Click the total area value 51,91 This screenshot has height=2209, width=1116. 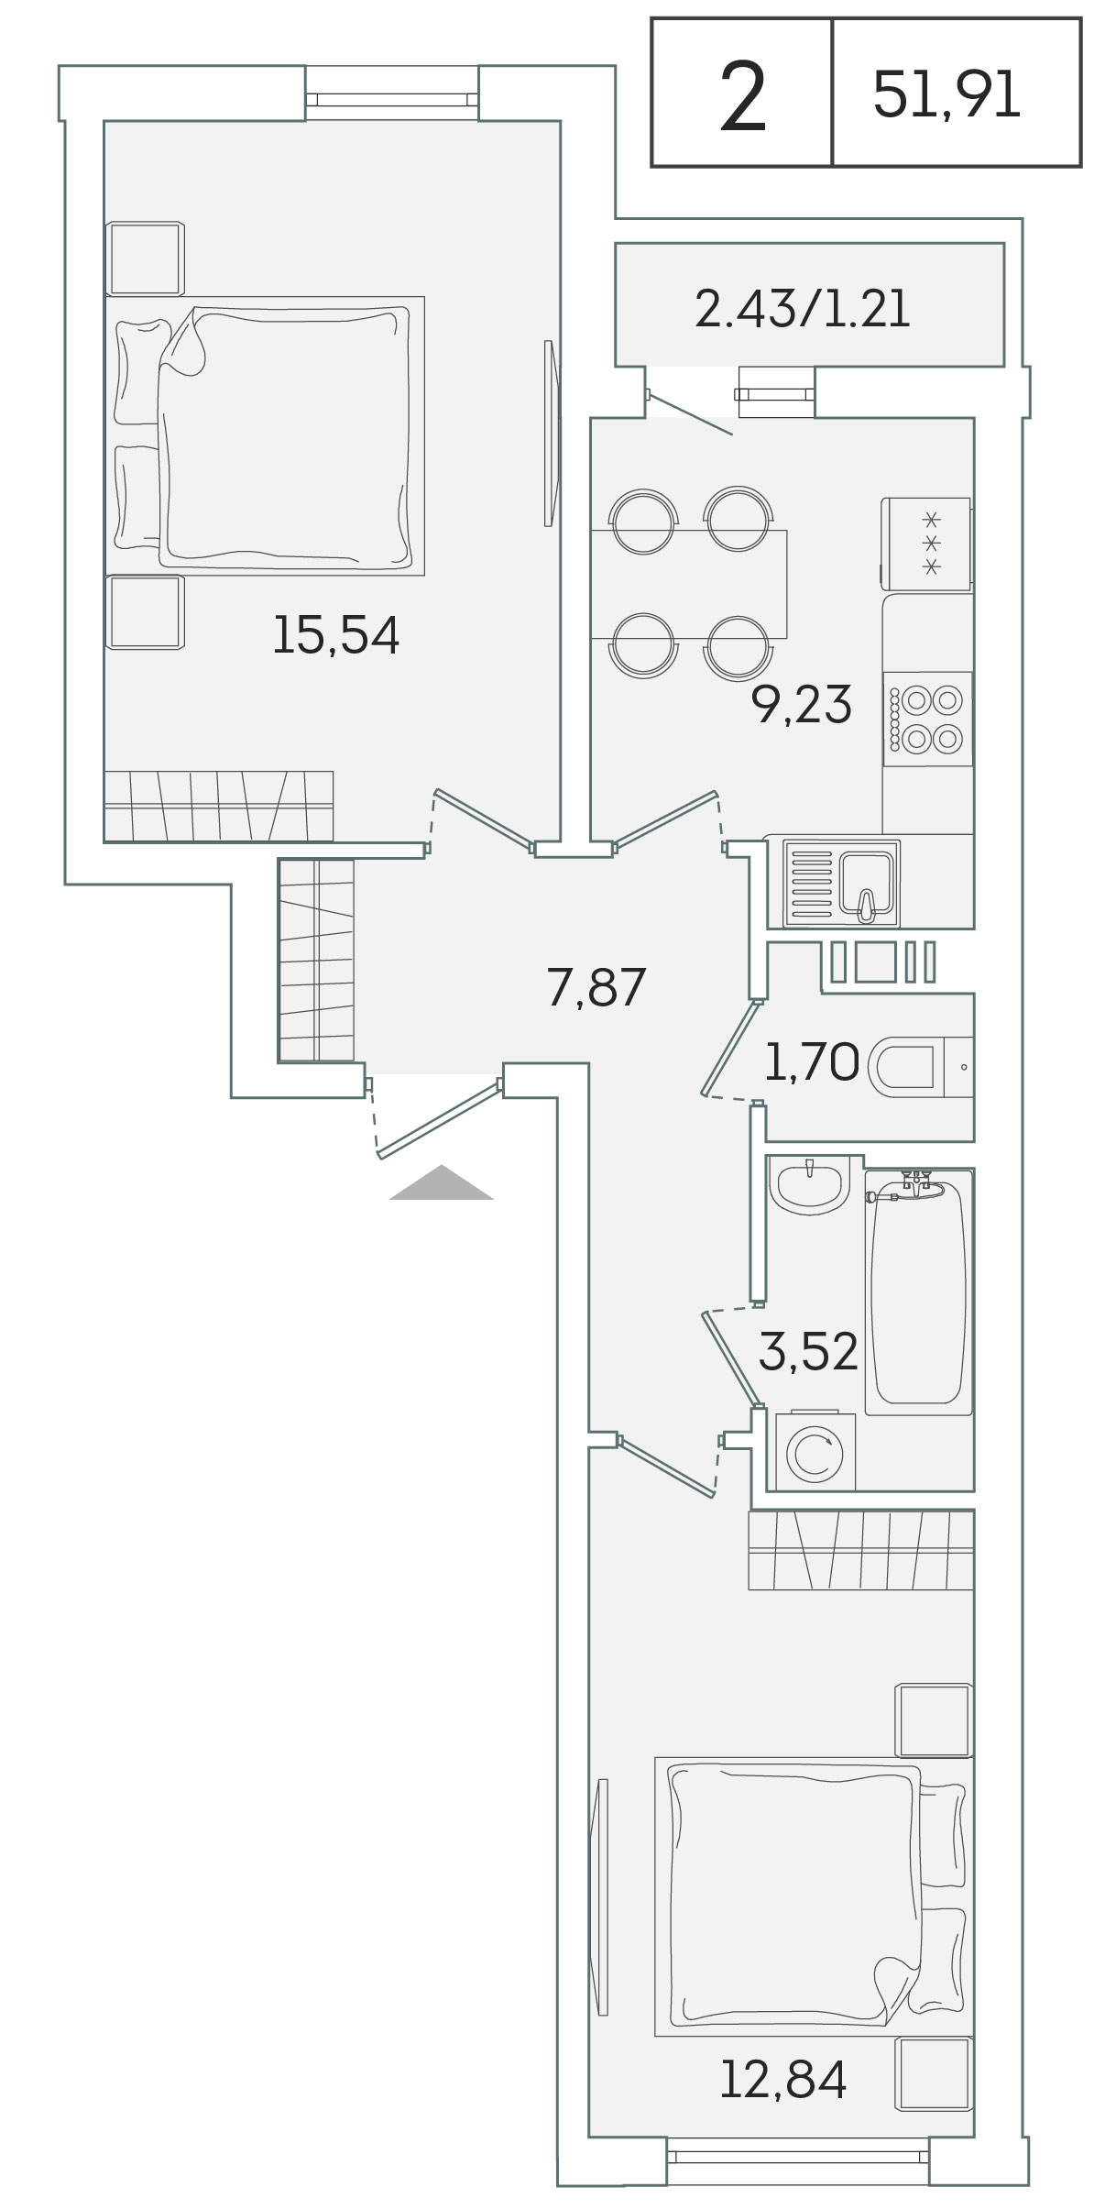point(946,95)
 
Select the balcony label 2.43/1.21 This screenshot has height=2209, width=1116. point(804,309)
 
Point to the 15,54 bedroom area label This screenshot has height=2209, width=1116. point(336,634)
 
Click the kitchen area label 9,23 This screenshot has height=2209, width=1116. point(802,704)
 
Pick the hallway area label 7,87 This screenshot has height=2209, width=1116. point(596,987)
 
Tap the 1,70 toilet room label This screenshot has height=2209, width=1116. point(812,1063)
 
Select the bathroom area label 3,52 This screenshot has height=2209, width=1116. point(809,1351)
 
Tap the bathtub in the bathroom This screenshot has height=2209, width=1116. point(918,1291)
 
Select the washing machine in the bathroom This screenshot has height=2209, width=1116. point(815,1452)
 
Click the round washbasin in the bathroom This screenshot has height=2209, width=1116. point(809,1184)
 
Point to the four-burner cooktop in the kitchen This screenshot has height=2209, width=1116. point(927,719)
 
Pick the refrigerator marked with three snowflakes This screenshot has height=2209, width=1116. point(926,544)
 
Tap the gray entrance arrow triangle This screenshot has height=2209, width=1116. point(442,1182)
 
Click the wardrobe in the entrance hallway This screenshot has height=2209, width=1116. point(316,961)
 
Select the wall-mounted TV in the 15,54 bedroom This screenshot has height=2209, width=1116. point(549,433)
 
